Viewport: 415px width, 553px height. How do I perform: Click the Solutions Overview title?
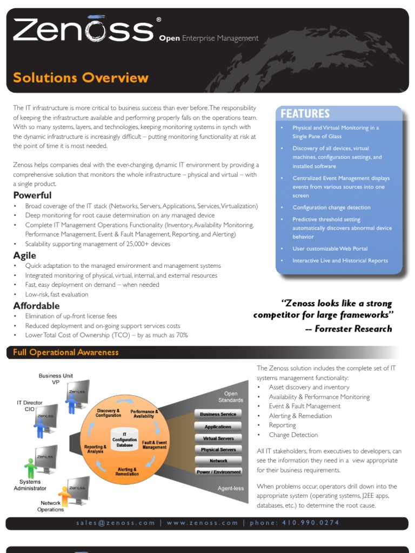[x=81, y=78]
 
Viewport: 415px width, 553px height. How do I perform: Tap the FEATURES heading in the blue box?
[x=305, y=113]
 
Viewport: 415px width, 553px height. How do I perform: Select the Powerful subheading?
[x=32, y=195]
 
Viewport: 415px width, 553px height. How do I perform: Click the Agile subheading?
[x=25, y=255]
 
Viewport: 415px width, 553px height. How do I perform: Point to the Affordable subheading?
[x=36, y=306]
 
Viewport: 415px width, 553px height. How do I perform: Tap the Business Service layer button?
[x=218, y=414]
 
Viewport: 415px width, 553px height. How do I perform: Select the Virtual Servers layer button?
[x=218, y=438]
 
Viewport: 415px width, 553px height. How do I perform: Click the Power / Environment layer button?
[x=218, y=472]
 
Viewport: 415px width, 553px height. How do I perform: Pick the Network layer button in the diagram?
[x=218, y=461]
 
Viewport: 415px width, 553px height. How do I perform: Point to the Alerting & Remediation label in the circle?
[x=127, y=471]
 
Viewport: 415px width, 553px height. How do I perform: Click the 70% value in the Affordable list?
[x=181, y=335]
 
